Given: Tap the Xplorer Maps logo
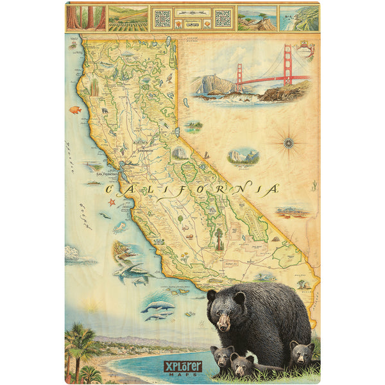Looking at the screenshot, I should pos(184,367).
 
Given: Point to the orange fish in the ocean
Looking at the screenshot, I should pos(76,110).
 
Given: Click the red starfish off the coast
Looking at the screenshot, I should pos(111,203).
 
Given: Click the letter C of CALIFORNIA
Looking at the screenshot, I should pos(109,189).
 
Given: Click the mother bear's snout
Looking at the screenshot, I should pos(223,324).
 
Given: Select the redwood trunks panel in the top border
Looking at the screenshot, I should pos(85,18).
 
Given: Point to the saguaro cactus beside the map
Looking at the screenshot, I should pos(314,186).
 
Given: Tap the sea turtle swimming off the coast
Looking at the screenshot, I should pos(119,227).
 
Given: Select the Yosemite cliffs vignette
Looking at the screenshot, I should pos(243,156).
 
